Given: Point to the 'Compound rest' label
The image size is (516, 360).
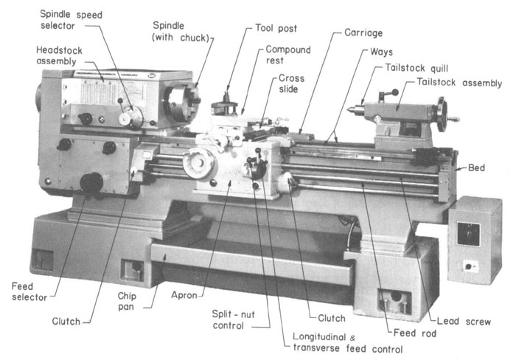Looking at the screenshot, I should click(x=288, y=56).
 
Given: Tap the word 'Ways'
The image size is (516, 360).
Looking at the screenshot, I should click(x=381, y=53).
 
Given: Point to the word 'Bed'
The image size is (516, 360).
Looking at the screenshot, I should click(x=476, y=168).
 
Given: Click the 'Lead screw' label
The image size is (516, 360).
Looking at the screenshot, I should click(x=463, y=322).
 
